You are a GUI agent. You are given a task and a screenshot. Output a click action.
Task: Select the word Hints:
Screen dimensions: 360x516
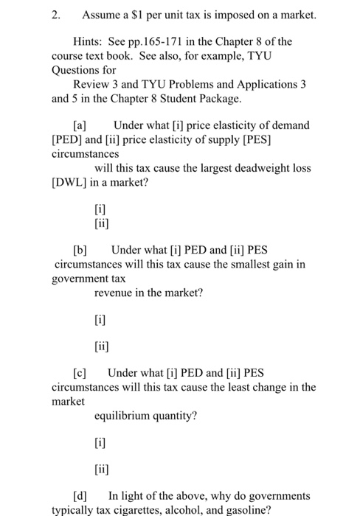[89, 41]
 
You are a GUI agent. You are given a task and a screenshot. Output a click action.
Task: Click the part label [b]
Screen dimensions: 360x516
[80, 251]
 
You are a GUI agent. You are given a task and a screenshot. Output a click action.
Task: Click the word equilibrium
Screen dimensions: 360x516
[125, 416]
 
